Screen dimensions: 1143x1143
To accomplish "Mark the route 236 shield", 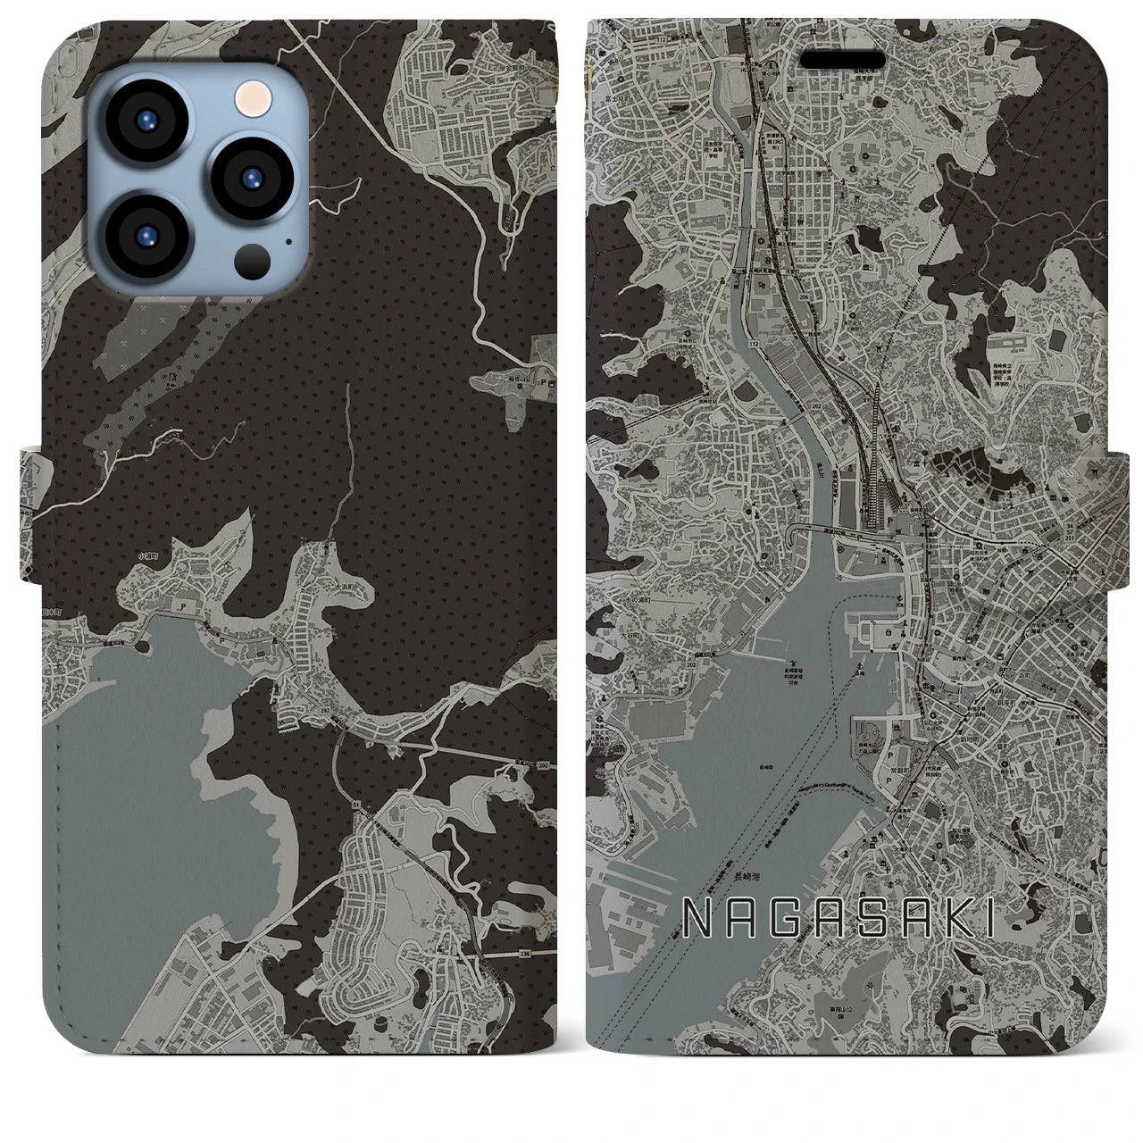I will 521,955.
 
